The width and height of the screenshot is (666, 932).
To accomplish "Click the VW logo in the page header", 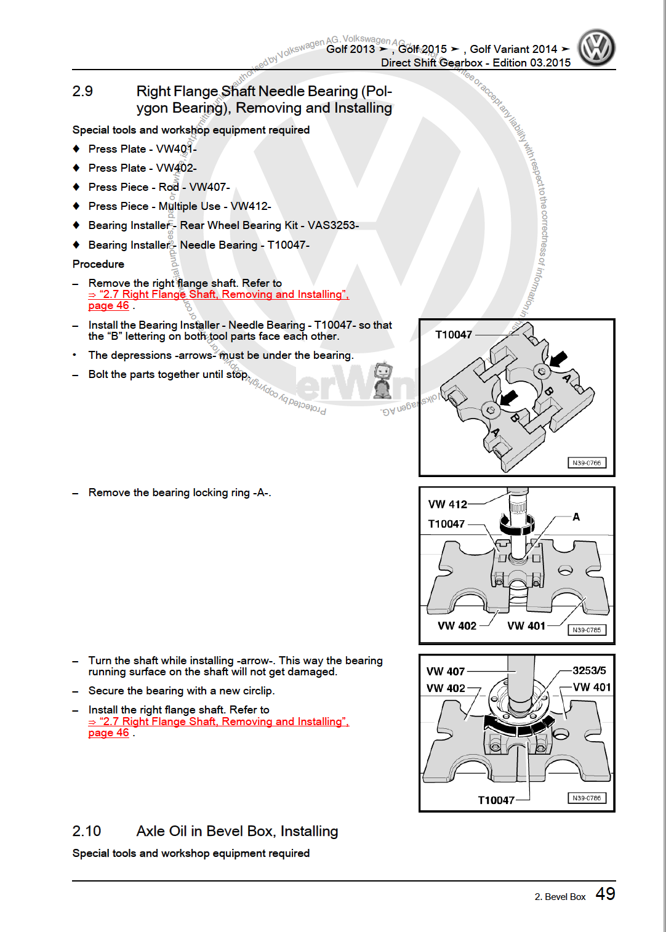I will (596, 48).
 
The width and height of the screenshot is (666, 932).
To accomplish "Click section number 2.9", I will (82, 91).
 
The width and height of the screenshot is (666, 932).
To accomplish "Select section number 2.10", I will (86, 831).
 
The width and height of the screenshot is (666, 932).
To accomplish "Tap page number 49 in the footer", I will (605, 894).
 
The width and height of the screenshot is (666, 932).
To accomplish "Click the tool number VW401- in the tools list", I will (176, 149).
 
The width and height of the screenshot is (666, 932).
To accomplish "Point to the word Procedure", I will (98, 264).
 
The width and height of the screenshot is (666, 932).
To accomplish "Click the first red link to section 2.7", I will (219, 294).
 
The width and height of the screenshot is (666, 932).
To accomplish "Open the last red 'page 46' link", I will (109, 733).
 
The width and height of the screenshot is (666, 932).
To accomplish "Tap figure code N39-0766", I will (587, 463).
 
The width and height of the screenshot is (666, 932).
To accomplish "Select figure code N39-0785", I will (587, 630).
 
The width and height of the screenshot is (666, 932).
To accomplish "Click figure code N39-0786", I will (587, 798).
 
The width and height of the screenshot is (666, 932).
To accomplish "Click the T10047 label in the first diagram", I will (454, 335).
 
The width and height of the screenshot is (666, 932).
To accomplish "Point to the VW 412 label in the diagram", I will (447, 504).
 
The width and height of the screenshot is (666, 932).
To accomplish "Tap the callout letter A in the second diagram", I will (576, 516).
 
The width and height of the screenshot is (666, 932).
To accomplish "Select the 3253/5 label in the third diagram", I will (589, 670).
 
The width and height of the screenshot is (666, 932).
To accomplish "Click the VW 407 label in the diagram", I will (446, 671).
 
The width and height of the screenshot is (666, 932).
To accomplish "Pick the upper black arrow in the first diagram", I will (559, 358).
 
